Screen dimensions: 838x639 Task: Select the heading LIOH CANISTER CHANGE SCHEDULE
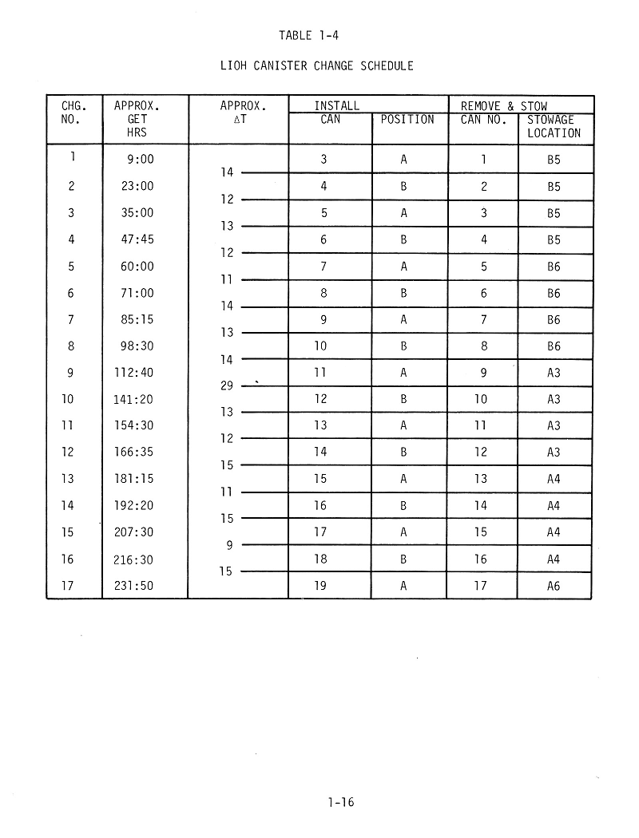[316, 65]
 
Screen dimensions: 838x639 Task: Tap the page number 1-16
[340, 803]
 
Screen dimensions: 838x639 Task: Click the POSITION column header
[407, 120]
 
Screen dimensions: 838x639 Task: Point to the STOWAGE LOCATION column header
[554, 126]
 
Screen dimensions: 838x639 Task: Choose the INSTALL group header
[336, 106]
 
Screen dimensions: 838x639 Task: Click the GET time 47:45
[137, 239]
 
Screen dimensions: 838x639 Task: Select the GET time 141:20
[133, 399]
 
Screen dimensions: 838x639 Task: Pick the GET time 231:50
[133, 586]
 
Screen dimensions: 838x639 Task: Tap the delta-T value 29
[226, 386]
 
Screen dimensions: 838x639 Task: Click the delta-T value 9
[228, 546]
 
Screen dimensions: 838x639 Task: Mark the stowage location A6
[554, 586]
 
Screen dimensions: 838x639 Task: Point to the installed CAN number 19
[320, 586]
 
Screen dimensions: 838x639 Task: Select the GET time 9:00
[141, 160]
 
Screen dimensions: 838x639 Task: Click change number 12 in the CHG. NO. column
[67, 453]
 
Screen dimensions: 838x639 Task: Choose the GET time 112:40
[133, 373]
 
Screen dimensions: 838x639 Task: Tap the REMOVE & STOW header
[504, 106]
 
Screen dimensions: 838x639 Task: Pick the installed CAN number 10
[320, 346]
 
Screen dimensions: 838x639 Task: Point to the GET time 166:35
[133, 453]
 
